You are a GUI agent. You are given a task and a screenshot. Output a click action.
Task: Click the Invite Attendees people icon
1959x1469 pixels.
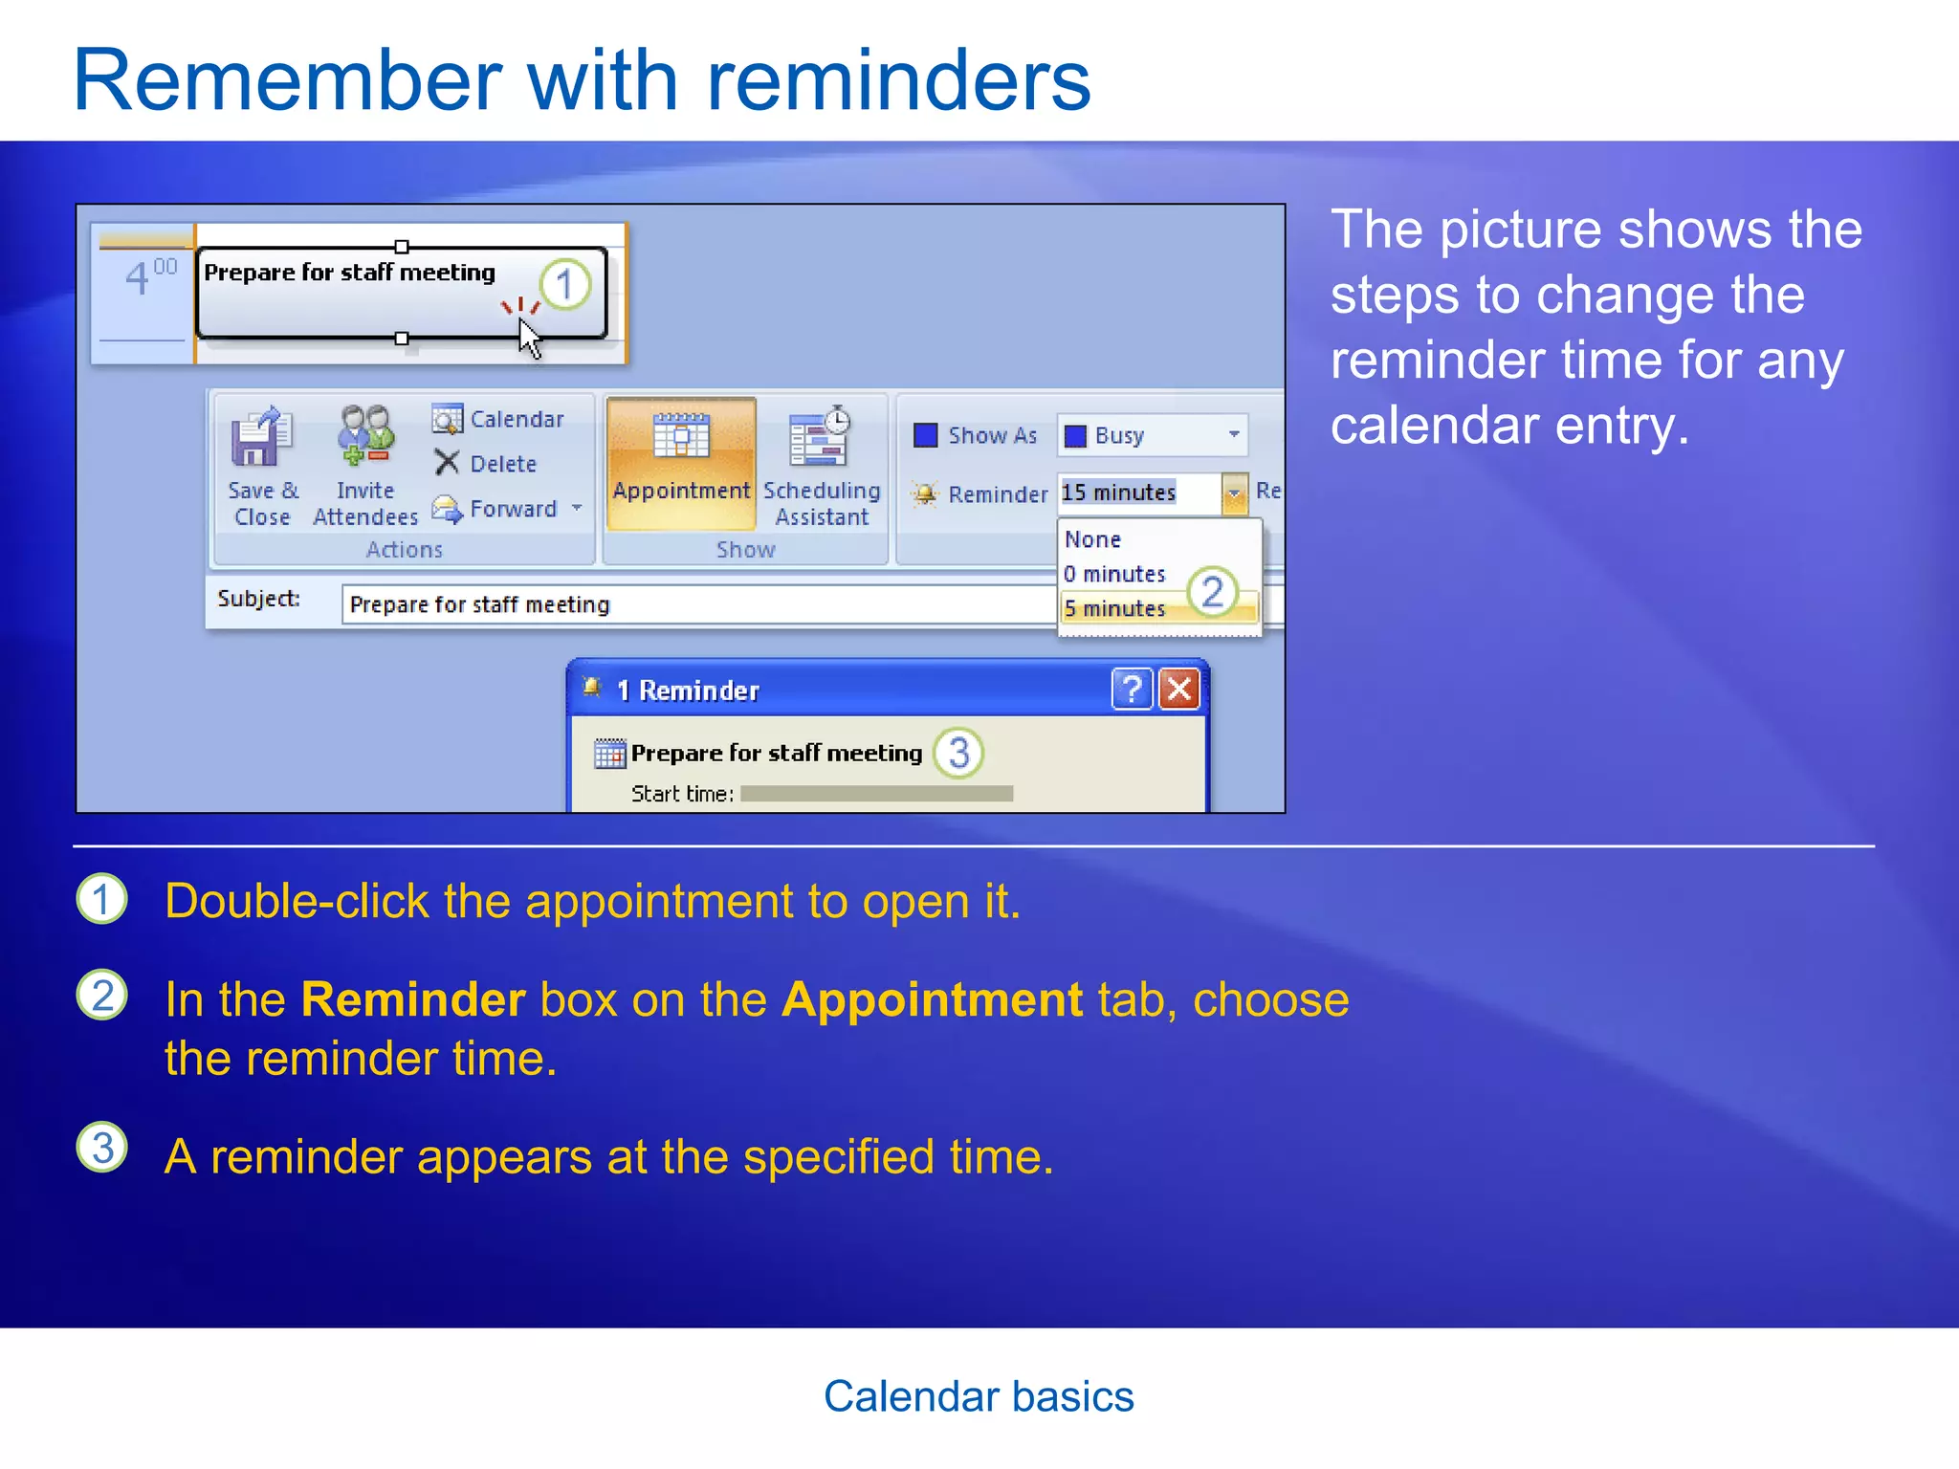pos(365,436)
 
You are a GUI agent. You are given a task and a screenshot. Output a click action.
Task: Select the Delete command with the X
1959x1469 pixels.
pos(485,464)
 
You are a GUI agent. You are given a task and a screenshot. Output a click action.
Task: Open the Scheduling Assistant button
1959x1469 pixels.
pos(821,463)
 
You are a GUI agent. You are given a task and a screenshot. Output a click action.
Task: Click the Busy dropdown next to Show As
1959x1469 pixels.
pos(1152,435)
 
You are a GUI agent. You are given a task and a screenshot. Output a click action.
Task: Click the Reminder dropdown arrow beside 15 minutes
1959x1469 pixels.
pos(1234,493)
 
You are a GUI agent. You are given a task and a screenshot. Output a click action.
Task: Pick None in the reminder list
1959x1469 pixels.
pos(1092,539)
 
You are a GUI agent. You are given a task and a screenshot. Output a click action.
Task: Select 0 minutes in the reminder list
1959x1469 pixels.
pos(1114,574)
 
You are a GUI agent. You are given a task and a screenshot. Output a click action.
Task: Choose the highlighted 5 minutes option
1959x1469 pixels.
pos(1114,608)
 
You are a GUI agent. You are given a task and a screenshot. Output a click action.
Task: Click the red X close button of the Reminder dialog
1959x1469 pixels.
pos(1179,689)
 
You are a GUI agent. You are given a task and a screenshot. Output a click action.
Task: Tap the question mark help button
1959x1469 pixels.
pos(1132,689)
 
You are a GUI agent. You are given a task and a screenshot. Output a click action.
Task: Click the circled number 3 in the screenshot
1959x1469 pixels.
pos(958,753)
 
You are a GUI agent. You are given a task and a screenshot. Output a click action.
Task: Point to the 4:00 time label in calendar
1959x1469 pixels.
pos(148,277)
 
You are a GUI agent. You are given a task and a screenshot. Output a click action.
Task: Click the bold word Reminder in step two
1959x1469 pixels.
pos(413,999)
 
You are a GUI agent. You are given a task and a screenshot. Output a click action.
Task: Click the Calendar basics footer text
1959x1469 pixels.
pos(979,1396)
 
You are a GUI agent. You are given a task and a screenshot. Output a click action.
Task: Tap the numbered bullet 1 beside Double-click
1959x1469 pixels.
pos(101,899)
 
